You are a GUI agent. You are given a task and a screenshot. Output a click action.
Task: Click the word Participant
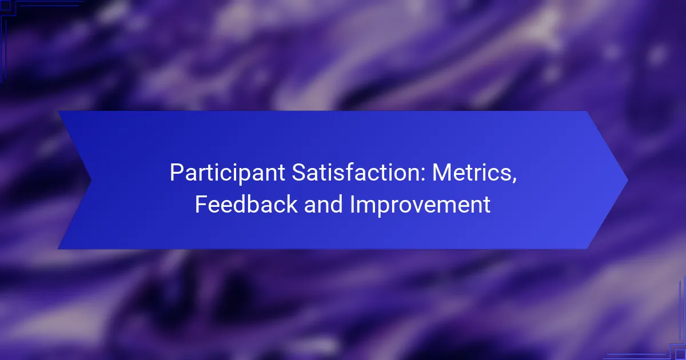pos(228,173)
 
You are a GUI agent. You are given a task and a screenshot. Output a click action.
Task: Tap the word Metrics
pos(472,173)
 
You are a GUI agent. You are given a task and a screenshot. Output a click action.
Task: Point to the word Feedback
pos(246,204)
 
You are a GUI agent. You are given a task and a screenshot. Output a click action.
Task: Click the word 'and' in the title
pos(324,204)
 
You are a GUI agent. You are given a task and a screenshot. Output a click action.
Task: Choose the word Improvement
pos(420,205)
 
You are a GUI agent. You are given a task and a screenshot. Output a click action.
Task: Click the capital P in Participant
pos(177,173)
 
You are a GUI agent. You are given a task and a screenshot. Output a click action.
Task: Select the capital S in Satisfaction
pos(299,173)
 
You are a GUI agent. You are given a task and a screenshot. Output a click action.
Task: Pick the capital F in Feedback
pos(201,204)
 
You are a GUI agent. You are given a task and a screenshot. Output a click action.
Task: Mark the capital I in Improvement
pos(352,204)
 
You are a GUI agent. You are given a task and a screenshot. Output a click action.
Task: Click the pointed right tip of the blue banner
pos(628,181)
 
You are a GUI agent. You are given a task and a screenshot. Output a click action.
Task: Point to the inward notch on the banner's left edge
pos(91,180)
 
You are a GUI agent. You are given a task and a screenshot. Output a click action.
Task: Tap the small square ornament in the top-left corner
pos(5,5)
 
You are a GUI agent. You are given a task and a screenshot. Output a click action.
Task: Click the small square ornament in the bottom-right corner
pos(681,355)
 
